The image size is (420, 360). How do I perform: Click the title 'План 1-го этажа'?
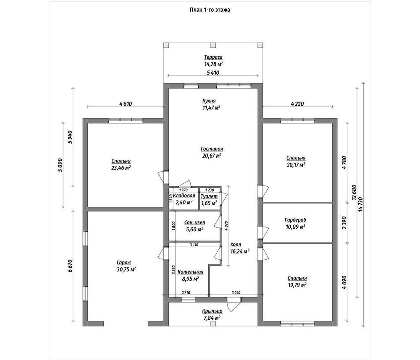tap(210, 10)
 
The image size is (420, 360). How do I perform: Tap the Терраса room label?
tap(213, 57)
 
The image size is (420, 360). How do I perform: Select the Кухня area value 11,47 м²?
tap(211, 107)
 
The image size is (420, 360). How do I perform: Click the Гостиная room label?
tap(212, 149)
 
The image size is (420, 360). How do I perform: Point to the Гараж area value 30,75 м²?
tap(126, 269)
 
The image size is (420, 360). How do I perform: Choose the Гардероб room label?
tap(295, 220)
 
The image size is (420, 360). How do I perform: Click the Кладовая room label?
tap(184, 196)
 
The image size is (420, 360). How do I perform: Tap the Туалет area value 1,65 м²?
tap(209, 203)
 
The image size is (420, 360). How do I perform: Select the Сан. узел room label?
tap(195, 222)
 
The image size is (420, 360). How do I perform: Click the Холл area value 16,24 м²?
tap(240, 251)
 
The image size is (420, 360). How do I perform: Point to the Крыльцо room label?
tap(212, 311)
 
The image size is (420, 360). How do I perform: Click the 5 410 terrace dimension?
tap(213, 73)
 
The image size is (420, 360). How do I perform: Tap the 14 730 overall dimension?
tap(360, 205)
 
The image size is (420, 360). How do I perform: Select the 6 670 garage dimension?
tap(70, 266)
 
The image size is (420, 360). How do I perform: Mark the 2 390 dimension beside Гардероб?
tap(344, 223)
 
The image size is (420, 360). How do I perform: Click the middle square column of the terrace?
tap(213, 45)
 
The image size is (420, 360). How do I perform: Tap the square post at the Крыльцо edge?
tap(213, 323)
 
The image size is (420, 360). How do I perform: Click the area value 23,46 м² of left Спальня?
tap(121, 168)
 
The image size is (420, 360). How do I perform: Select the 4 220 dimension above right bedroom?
tap(297, 104)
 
